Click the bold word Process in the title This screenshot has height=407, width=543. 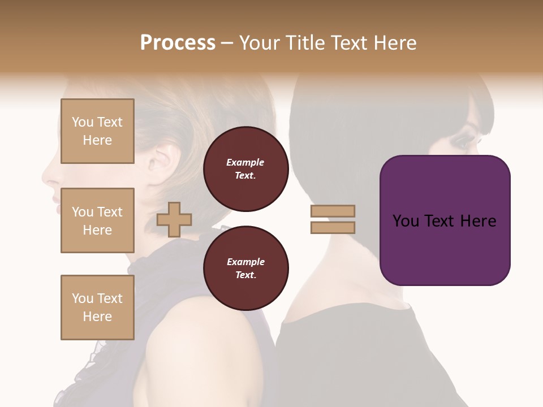pyautogui.click(x=178, y=43)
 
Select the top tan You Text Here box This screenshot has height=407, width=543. pyautogui.click(x=97, y=131)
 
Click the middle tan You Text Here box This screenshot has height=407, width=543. pyautogui.click(x=97, y=220)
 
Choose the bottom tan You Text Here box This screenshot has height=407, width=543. pyautogui.click(x=97, y=308)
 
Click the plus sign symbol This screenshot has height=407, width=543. pyautogui.click(x=174, y=219)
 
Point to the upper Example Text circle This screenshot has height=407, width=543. pyautogui.click(x=245, y=169)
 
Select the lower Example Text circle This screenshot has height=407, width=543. pyautogui.click(x=245, y=269)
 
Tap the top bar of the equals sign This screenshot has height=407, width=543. pyautogui.click(x=333, y=211)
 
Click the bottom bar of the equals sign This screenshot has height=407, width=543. pyautogui.click(x=333, y=227)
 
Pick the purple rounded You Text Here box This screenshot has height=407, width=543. pyautogui.click(x=445, y=220)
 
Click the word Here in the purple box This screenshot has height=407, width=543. pyautogui.click(x=478, y=221)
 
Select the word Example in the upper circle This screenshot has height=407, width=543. pyautogui.click(x=245, y=162)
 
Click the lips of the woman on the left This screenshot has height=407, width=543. pyautogui.click(x=55, y=198)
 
